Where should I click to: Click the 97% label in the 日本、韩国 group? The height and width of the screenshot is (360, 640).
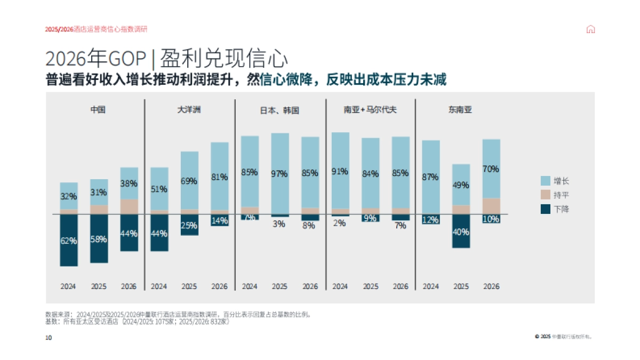tap(279, 174)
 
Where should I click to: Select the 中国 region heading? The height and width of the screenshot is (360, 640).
tap(98, 110)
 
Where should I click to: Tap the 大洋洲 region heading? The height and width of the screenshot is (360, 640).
tap(189, 110)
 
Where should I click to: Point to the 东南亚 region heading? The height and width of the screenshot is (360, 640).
tap(460, 110)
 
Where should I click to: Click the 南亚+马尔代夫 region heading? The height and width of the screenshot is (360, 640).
tap(370, 110)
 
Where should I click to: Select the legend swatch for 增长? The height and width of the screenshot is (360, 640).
tap(545, 181)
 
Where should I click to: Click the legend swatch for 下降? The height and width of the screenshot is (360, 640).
tap(545, 209)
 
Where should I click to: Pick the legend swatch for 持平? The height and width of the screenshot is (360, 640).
tap(545, 195)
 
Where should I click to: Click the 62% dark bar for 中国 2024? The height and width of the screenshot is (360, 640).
tap(69, 241)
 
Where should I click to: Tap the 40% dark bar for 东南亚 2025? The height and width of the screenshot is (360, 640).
tap(461, 231)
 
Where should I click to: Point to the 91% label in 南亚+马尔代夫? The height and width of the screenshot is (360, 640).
tap(340, 172)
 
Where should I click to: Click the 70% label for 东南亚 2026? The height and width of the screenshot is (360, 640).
tap(491, 169)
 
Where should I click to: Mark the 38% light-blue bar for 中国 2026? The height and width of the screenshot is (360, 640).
tap(129, 183)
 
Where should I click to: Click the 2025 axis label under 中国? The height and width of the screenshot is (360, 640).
tap(99, 286)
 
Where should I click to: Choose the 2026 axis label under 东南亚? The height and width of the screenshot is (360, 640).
tap(491, 286)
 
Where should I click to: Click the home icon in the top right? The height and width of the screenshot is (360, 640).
tap(590, 29)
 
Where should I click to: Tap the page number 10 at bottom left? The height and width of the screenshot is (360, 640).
tap(49, 338)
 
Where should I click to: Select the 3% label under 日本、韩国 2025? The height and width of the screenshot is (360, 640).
tap(279, 225)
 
